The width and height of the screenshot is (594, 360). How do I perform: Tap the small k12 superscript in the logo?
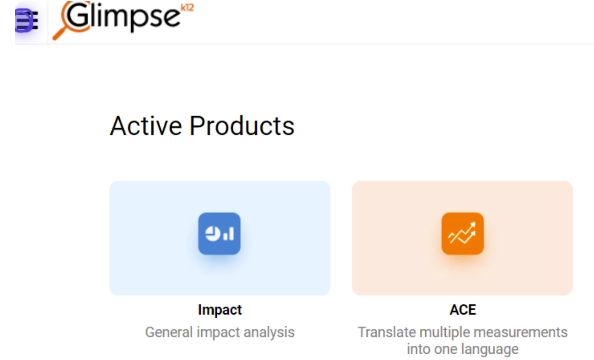(187, 7)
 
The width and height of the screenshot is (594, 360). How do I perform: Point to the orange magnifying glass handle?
(59, 34)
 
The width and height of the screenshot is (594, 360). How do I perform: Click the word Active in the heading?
(146, 126)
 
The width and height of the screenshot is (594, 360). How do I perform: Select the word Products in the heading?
(242, 126)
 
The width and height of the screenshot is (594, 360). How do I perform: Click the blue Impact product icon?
(219, 233)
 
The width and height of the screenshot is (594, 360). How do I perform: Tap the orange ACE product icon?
(462, 233)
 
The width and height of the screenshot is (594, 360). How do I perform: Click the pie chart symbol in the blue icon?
(213, 233)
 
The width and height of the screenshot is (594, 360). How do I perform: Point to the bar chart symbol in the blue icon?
(229, 234)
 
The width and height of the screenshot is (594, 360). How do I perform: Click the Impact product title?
(220, 310)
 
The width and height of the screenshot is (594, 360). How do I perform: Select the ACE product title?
(463, 310)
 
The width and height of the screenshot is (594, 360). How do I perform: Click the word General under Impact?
(169, 332)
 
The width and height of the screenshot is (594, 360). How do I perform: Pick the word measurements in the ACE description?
(521, 333)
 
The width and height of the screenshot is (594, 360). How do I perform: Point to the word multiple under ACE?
(445, 333)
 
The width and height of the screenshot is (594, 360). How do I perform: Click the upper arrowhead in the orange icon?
(473, 225)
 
